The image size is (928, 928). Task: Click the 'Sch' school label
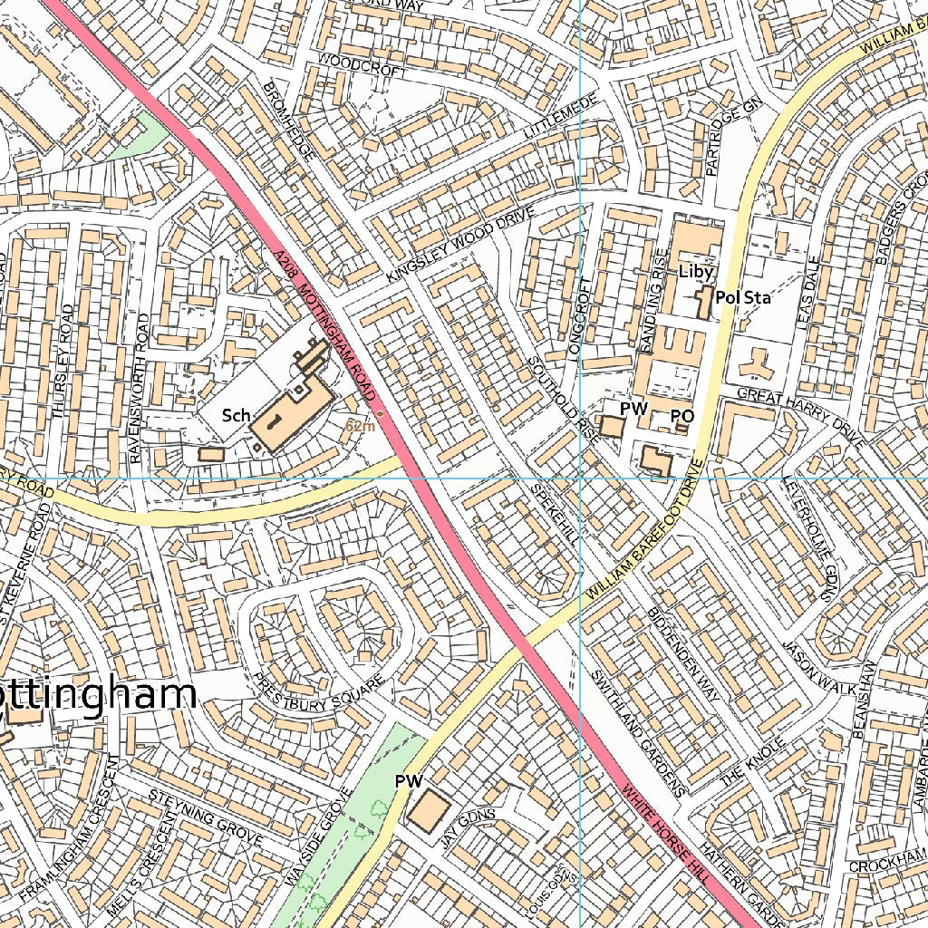236,416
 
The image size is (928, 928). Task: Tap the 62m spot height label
360,425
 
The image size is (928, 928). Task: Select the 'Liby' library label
697,272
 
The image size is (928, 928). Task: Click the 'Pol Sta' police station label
742,297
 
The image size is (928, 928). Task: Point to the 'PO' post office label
681,416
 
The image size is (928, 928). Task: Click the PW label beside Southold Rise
633,410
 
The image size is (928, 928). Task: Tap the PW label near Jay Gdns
410,780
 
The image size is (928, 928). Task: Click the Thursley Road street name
62,361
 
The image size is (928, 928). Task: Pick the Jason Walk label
819,670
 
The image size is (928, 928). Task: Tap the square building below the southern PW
428,809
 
